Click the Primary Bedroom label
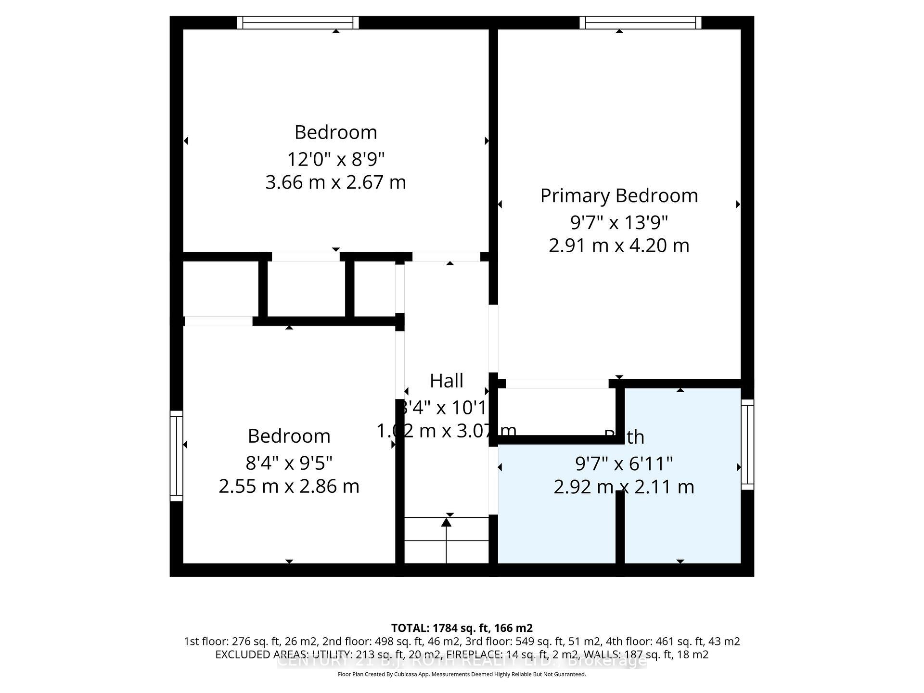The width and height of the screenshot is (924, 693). [x=619, y=196]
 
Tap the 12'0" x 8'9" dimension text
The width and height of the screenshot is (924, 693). [x=336, y=159]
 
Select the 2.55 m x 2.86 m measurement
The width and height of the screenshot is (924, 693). [x=289, y=486]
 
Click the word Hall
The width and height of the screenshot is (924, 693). [x=447, y=381]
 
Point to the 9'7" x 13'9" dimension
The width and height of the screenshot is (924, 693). [x=619, y=222]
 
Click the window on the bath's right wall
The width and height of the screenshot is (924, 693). [x=747, y=444]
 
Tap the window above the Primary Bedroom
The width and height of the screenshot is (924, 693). [x=640, y=23]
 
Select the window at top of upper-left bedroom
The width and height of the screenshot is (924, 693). [x=298, y=23]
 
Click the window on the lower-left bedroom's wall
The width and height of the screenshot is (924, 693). [x=177, y=456]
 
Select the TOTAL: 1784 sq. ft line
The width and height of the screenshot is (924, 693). [x=462, y=628]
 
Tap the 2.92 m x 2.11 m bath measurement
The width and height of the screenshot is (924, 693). [x=624, y=487]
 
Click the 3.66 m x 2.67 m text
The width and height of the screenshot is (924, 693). [x=336, y=182]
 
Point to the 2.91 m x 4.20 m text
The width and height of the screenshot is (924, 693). [x=619, y=245]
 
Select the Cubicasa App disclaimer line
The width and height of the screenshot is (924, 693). [x=462, y=674]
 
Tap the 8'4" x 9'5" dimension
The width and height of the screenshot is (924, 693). [x=289, y=463]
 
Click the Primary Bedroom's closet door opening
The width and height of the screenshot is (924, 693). [x=557, y=384]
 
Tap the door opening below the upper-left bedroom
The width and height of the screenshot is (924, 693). [x=306, y=257]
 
